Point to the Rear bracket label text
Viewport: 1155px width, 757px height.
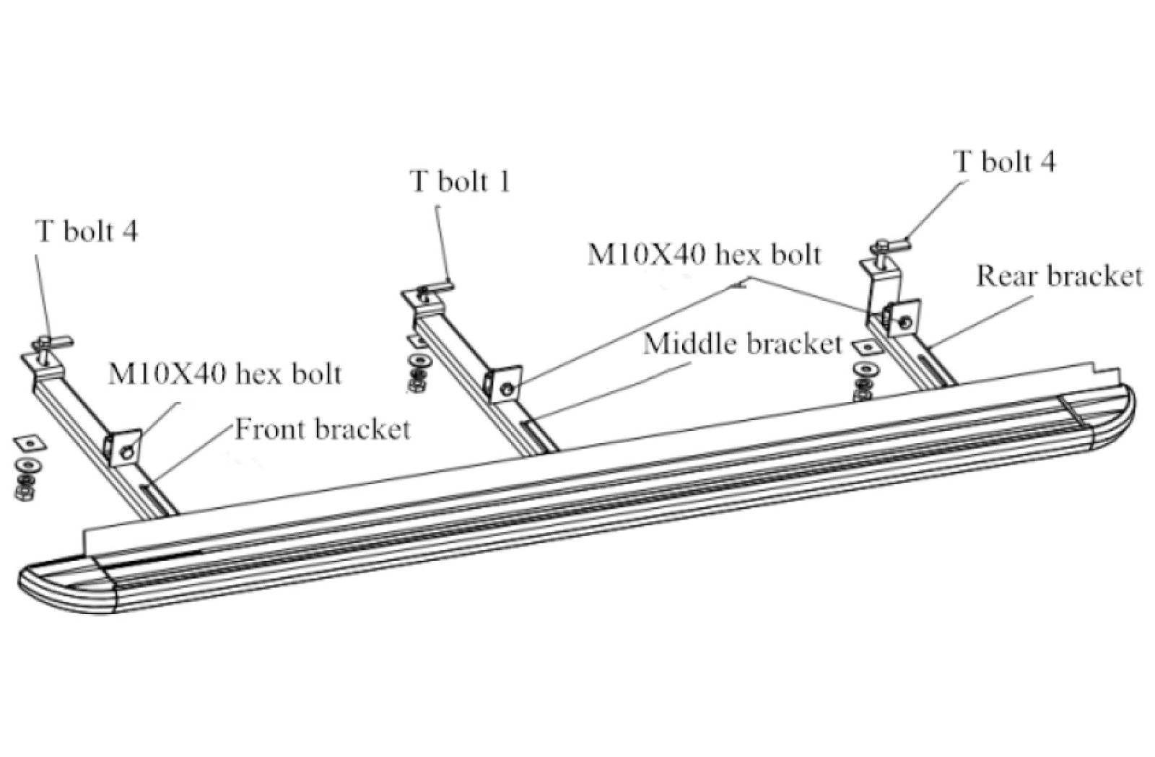click(1059, 276)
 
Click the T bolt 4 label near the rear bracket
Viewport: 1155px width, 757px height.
click(1004, 161)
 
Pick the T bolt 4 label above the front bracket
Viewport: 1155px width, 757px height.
click(87, 231)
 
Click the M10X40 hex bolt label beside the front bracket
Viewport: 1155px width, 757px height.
click(225, 374)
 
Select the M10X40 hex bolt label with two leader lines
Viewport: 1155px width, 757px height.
click(704, 255)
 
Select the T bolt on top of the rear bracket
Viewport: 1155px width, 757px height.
click(886, 250)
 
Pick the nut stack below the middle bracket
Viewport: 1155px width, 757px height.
click(417, 374)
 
